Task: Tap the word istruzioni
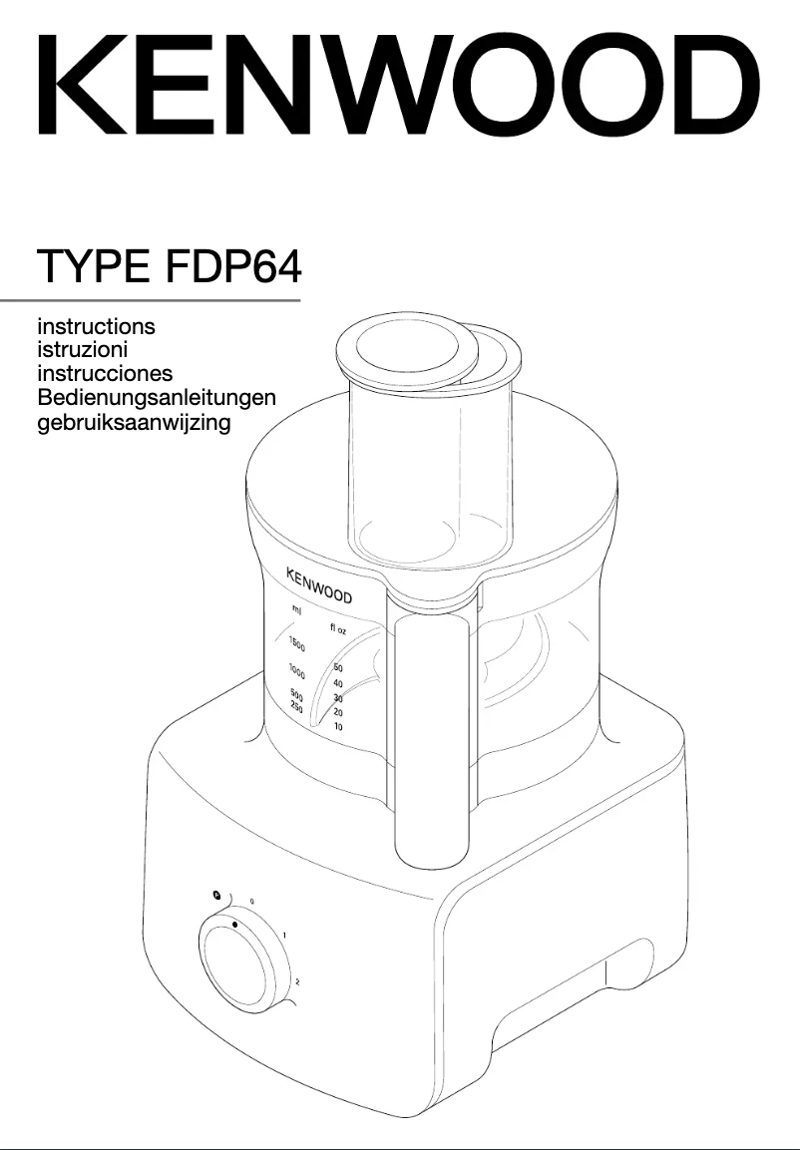[82, 349]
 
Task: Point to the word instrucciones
[105, 374]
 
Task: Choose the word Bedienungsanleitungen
[157, 398]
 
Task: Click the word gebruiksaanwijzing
[134, 423]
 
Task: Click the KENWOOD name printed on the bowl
[319, 586]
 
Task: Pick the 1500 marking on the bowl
[296, 643]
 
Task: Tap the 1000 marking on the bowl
[296, 669]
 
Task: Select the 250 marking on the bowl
[295, 706]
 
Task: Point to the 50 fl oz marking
[338, 667]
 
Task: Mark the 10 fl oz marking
[338, 727]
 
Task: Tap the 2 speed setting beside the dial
[297, 982]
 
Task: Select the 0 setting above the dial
[251, 901]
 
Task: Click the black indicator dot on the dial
[234, 925]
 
